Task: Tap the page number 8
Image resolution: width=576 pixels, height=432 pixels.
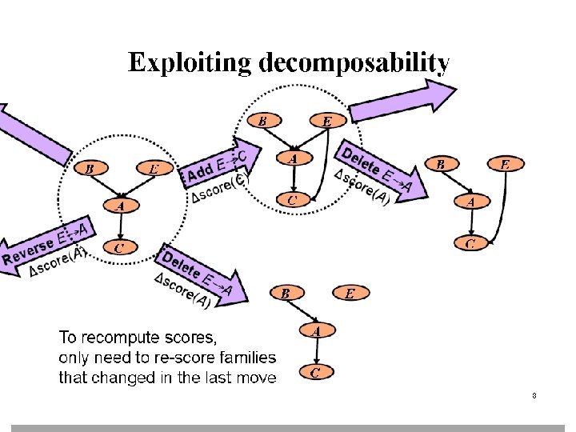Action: point(533,396)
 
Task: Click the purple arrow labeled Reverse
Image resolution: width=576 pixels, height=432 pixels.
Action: point(40,250)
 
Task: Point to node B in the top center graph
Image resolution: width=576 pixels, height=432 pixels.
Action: point(262,121)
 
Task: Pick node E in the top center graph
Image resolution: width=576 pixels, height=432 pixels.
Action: point(326,122)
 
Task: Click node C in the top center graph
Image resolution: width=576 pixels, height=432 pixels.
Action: point(293,199)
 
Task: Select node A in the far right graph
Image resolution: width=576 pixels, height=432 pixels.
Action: point(471,202)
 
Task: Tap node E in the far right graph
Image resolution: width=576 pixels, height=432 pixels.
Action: point(505,165)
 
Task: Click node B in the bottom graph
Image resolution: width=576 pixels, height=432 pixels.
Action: point(286,293)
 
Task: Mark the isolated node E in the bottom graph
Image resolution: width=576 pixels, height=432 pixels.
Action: point(350,293)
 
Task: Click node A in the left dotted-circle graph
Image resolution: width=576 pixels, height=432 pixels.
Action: point(120,206)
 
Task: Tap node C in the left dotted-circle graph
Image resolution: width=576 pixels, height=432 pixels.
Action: point(119,247)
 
